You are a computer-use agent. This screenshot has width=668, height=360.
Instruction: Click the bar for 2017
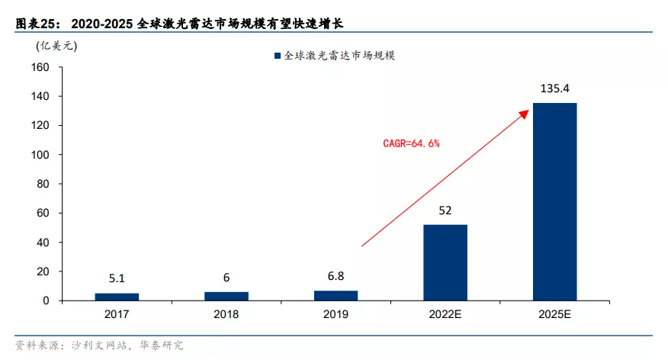point(117,297)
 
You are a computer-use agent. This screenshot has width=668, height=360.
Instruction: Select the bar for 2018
point(226,296)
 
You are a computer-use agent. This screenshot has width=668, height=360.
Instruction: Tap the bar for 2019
point(336,295)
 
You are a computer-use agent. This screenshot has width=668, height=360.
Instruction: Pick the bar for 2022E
point(445,262)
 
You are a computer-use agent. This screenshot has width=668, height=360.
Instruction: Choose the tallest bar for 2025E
point(554,201)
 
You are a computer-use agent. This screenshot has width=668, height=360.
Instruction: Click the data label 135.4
point(554,88)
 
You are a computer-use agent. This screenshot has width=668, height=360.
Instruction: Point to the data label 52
point(445,210)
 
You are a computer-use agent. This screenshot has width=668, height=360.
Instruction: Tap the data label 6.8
point(336,277)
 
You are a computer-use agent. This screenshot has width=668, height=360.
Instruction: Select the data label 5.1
point(117,279)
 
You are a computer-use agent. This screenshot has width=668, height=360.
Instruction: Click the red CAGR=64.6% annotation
point(411,143)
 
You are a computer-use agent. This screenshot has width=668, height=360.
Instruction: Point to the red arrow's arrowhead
point(525,112)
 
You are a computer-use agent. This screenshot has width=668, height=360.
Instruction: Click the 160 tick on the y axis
point(40,67)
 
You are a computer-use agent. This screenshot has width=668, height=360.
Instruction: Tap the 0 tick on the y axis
point(47,301)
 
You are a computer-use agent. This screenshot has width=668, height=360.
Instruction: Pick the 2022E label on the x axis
point(445,314)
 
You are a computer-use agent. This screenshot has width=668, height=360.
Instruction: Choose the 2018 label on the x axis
point(226,314)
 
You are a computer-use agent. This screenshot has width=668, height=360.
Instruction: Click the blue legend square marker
point(277,56)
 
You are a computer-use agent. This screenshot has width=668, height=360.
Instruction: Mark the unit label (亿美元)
point(56,44)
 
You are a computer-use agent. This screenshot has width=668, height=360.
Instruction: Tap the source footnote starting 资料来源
point(99,346)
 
